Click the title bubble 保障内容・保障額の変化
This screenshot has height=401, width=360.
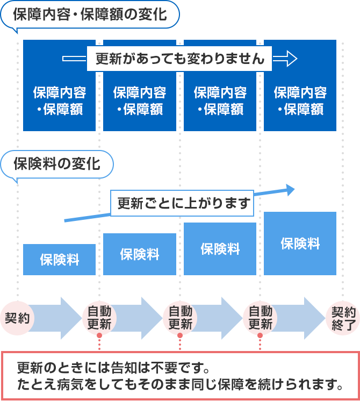click(89, 15)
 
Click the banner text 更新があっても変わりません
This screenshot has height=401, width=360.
click(180, 59)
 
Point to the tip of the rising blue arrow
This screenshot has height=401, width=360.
click(293, 189)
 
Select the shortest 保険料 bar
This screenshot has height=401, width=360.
click(59, 260)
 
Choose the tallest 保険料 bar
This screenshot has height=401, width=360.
click(300, 244)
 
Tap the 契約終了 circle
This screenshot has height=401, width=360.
click(343, 318)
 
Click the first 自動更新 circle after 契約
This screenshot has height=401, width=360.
click(99, 318)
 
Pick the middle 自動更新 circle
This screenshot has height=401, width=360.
click(180, 318)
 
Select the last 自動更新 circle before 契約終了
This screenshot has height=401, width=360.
click(260, 318)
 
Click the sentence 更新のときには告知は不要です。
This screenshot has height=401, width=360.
click(112, 369)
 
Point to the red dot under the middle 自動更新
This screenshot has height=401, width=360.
click(180, 335)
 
